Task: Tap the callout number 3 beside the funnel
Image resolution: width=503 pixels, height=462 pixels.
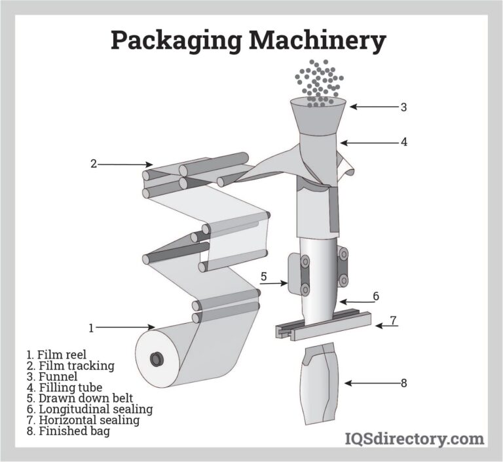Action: pyautogui.click(x=403, y=107)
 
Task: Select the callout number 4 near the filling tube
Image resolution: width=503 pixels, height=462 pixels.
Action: pyautogui.click(x=404, y=141)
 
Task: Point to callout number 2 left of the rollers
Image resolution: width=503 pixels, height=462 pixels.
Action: pyautogui.click(x=94, y=164)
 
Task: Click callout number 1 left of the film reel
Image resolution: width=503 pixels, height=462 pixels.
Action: pyautogui.click(x=91, y=326)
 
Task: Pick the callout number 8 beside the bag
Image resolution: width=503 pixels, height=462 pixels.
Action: pyautogui.click(x=403, y=383)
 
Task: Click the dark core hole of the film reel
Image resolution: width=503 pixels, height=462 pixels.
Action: pyautogui.click(x=157, y=359)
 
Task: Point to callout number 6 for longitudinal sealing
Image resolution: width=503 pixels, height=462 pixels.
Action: pyautogui.click(x=375, y=296)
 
